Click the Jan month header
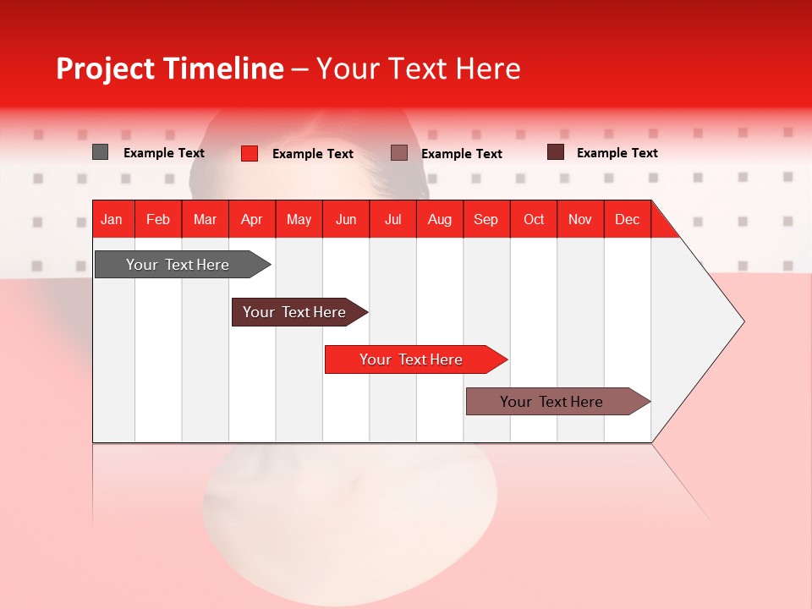112,219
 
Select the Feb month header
158,219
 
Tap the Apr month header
252,219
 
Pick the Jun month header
346,219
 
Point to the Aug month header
440,219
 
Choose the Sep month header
486,219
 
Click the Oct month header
534,219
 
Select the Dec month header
628,219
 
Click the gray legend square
100,152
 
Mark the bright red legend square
250,153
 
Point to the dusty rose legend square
399,152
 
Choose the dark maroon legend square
555,152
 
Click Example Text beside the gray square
164,153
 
